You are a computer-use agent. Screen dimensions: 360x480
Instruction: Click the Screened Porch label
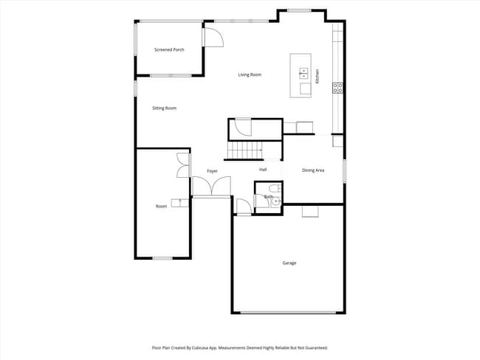coord(169,49)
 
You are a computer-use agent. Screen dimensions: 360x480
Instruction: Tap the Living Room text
coord(250,75)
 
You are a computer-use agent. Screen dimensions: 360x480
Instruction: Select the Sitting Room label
coord(164,108)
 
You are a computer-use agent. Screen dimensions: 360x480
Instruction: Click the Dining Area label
coord(313,170)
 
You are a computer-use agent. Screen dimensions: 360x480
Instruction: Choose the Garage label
coord(289,263)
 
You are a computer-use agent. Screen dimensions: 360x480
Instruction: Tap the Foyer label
coord(212,171)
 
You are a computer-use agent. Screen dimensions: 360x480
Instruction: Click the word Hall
coord(263,170)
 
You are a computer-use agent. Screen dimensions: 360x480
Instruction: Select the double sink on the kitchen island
coord(304,72)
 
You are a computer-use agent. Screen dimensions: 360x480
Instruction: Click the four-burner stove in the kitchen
coord(338,87)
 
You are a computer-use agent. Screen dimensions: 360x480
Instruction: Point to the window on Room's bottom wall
coord(162,258)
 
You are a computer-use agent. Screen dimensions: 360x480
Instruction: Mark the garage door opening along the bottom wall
coord(289,313)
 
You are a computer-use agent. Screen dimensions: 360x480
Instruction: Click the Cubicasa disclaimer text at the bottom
coord(240,347)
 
